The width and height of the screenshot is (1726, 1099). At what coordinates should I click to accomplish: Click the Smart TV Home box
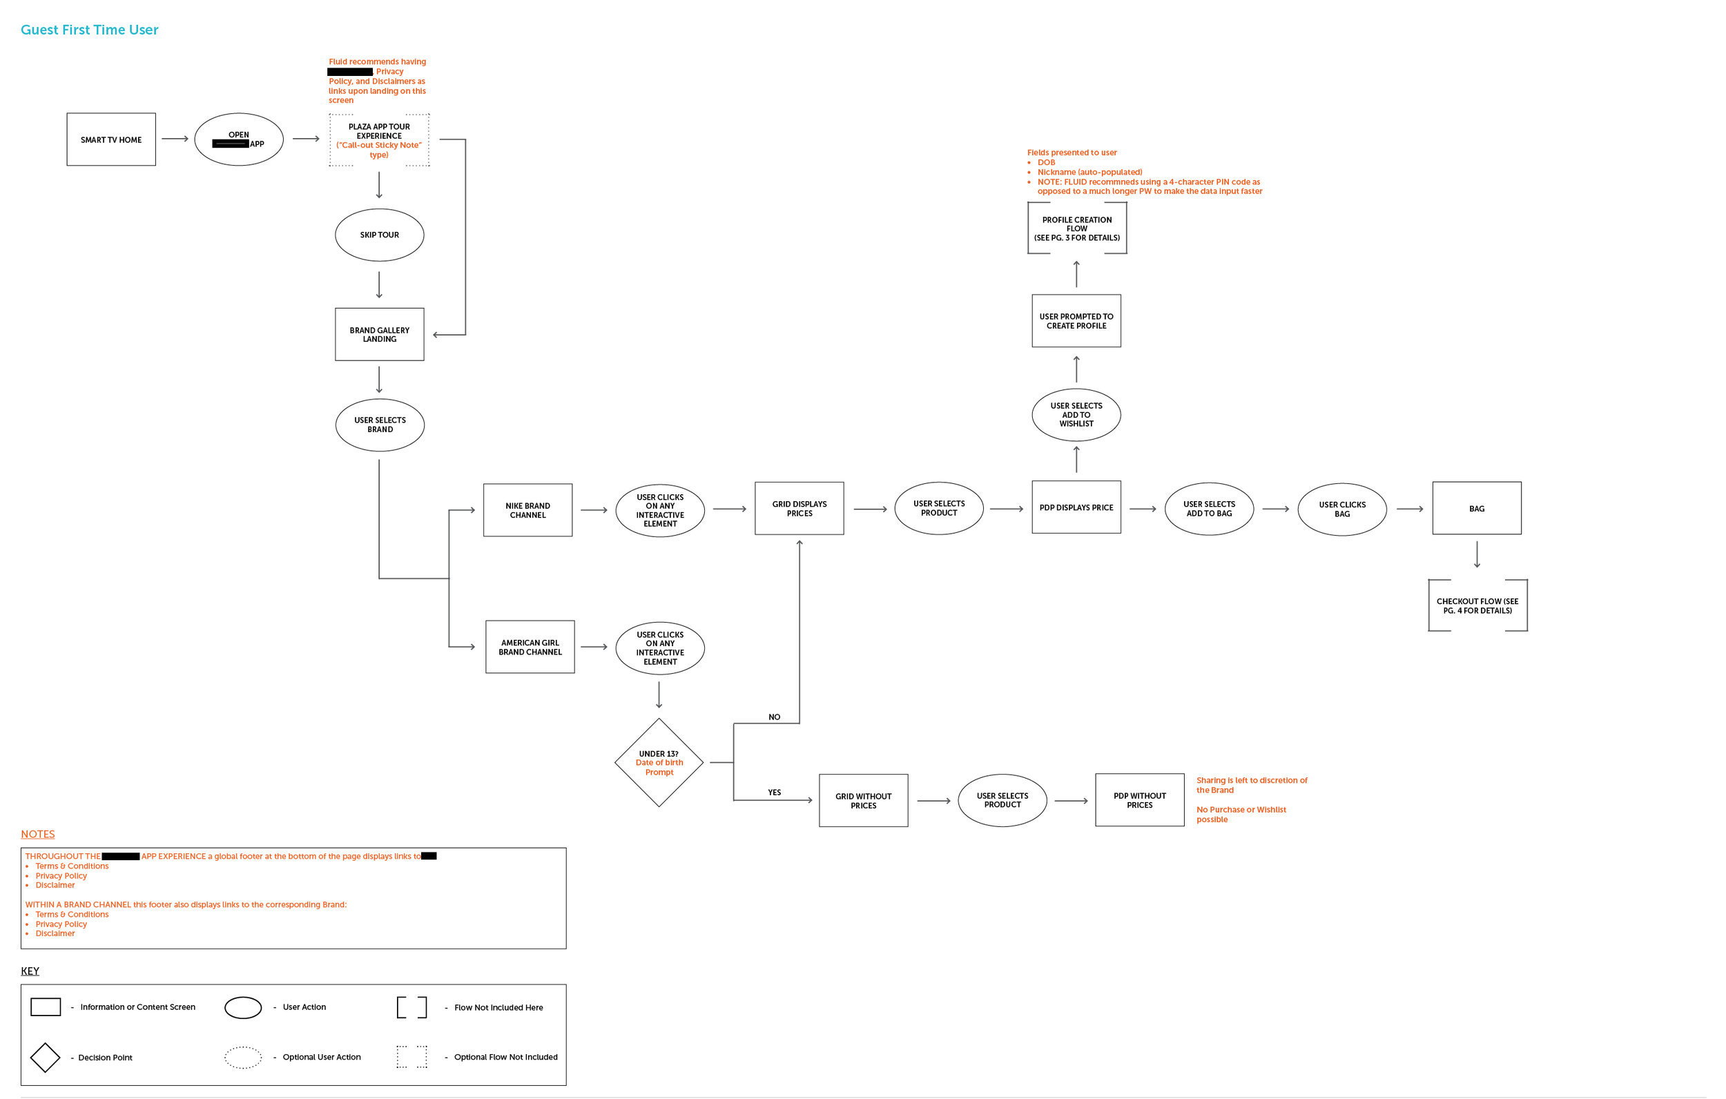pyautogui.click(x=111, y=140)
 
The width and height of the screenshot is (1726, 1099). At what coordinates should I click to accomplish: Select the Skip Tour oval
pyautogui.click(x=379, y=235)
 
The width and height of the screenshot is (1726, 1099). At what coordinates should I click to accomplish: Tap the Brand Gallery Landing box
pyautogui.click(x=379, y=335)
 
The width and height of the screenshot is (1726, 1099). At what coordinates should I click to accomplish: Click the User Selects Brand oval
pyautogui.click(x=380, y=425)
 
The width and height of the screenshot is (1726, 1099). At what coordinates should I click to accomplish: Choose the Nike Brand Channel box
pyautogui.click(x=527, y=510)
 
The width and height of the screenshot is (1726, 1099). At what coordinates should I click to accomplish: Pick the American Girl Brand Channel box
pyautogui.click(x=530, y=648)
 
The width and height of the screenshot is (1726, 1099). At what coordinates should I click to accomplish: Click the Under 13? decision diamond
pyautogui.click(x=659, y=763)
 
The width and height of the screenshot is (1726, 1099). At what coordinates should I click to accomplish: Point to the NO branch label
pyautogui.click(x=774, y=717)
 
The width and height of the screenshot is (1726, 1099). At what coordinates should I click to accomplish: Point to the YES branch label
pyautogui.click(x=774, y=793)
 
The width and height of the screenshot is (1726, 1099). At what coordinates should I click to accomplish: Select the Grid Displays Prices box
pyautogui.click(x=799, y=509)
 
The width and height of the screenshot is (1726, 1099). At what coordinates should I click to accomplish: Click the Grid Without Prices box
pyautogui.click(x=863, y=801)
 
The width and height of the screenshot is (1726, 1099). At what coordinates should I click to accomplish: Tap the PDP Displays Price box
pyautogui.click(x=1076, y=507)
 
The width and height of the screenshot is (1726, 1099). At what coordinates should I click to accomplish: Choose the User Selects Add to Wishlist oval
pyautogui.click(x=1076, y=415)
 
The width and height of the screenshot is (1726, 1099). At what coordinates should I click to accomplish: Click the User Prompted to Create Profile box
pyautogui.click(x=1076, y=321)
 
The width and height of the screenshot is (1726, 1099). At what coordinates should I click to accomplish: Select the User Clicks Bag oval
pyautogui.click(x=1342, y=509)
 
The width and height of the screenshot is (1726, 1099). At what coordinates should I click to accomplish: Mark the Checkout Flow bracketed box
pyautogui.click(x=1477, y=606)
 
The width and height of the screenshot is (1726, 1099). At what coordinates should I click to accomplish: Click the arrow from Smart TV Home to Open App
pyautogui.click(x=175, y=139)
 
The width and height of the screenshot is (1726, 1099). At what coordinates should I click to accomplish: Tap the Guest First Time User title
pyautogui.click(x=90, y=30)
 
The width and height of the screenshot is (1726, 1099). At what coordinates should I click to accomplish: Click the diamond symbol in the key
pyautogui.click(x=45, y=1058)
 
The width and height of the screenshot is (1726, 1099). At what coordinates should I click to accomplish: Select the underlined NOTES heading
pyautogui.click(x=38, y=834)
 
